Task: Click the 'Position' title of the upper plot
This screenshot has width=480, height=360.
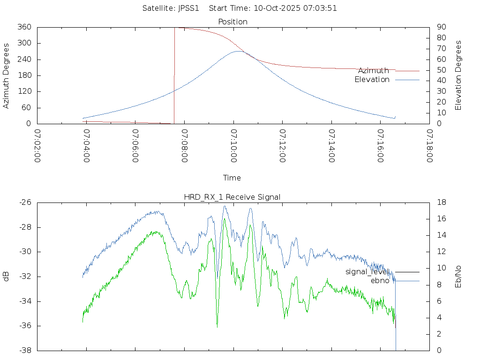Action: pos(233,22)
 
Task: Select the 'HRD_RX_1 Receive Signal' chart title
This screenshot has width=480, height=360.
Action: pos(232,197)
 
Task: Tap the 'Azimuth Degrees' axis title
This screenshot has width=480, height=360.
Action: pos(6,75)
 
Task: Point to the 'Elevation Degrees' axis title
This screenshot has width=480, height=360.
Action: pos(458,75)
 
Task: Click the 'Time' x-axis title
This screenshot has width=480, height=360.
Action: pos(232,178)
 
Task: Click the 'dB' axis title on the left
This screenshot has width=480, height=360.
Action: pos(6,277)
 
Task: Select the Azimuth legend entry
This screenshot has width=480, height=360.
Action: pos(374,70)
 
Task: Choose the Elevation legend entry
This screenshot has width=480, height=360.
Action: pos(372,80)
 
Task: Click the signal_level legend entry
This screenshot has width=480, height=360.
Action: pos(367,271)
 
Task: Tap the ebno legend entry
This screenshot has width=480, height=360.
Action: pos(380,281)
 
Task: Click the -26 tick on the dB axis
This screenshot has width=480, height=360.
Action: pos(24,202)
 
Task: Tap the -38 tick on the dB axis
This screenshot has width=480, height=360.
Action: pos(24,351)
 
